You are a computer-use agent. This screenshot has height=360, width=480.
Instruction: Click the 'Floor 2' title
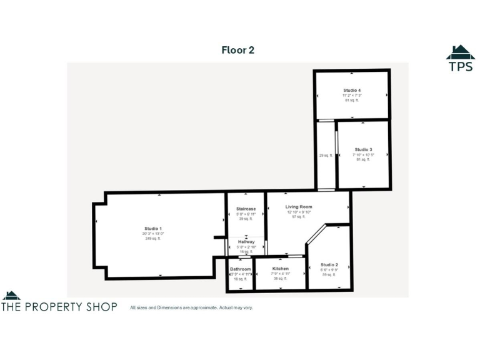click(x=237, y=50)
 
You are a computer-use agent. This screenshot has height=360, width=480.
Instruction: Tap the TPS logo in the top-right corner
click(x=460, y=59)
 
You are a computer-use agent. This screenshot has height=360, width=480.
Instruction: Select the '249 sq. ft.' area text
click(x=153, y=239)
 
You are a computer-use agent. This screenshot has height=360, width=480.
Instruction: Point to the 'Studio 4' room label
click(x=352, y=90)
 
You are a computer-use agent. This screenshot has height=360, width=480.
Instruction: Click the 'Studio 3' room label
click(x=363, y=149)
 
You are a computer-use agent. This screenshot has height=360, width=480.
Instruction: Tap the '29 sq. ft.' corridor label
click(x=326, y=156)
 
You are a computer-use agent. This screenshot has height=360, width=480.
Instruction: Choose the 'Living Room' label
click(x=299, y=207)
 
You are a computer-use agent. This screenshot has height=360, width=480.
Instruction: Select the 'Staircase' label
click(x=246, y=209)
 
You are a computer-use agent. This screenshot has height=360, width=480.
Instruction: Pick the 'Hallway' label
click(x=246, y=242)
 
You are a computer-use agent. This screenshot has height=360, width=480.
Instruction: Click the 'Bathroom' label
click(x=240, y=269)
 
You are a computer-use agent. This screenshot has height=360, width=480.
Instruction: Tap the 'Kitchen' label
click(x=281, y=269)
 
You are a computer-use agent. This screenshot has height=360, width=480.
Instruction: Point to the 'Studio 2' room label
click(x=329, y=265)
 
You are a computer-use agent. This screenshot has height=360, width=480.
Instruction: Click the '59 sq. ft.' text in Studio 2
click(x=329, y=274)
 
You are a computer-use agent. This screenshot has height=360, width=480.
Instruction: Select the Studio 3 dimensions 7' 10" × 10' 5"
click(x=363, y=154)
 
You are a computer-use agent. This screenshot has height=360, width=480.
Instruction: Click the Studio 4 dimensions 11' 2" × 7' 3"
click(x=352, y=95)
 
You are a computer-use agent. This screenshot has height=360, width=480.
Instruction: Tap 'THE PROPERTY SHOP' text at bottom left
click(x=59, y=307)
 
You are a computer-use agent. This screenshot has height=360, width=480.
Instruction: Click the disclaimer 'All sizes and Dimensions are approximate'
click(x=191, y=307)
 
